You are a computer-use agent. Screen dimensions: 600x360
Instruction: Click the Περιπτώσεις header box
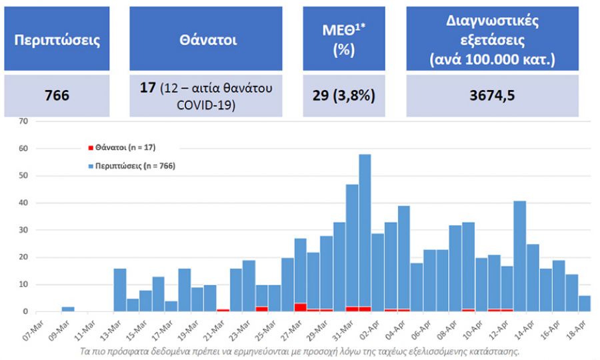coord(57,38)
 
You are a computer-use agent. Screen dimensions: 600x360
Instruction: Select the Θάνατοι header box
coord(206,38)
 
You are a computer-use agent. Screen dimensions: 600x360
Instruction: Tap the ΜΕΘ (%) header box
coord(344,38)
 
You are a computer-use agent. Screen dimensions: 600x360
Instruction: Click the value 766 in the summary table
coord(57,95)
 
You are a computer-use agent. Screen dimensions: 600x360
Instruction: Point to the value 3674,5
coord(492,95)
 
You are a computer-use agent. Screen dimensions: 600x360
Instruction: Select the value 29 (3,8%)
coord(344,95)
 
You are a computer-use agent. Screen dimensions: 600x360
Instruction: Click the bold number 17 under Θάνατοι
coord(147,87)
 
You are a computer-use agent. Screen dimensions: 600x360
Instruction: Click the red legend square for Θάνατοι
coord(91,148)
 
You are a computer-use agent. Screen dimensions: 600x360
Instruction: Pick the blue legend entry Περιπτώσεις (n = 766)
coord(132,166)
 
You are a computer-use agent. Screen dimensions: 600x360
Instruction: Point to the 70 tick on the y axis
coord(24,121)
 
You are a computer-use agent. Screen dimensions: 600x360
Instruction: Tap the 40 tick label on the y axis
coord(24,203)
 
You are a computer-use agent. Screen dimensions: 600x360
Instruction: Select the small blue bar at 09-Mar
coord(68,309)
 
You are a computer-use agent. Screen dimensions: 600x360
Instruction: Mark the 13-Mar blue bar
coord(120,290)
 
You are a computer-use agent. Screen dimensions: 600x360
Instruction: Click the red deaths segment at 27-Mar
coord(301,307)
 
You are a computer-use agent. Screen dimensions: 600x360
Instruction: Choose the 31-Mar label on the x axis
coord(343,330)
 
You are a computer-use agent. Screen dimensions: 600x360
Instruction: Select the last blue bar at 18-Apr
coord(585,304)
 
